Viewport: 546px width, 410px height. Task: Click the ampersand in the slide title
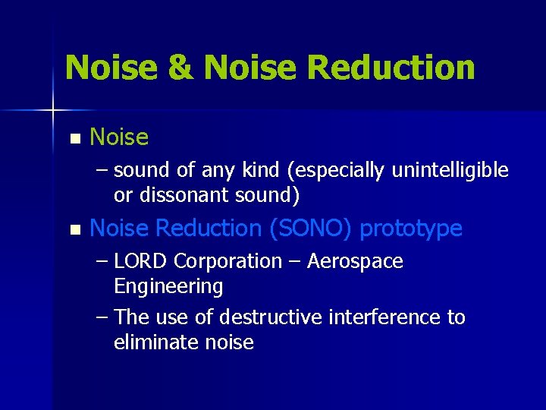click(180, 67)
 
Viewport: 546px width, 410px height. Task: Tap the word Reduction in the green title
click(391, 67)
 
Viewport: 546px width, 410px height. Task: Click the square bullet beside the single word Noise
click(74, 139)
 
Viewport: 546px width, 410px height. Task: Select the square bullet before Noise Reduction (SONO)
click(74, 229)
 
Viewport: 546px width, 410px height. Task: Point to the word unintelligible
click(450, 171)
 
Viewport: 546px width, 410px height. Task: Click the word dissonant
click(180, 196)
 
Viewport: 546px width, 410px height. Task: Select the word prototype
click(411, 229)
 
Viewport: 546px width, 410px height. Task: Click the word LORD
click(142, 261)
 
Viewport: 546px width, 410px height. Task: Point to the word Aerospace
click(355, 262)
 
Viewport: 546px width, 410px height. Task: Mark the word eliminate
click(156, 342)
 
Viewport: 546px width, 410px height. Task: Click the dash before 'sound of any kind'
click(102, 171)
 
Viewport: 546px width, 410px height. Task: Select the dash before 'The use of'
click(102, 317)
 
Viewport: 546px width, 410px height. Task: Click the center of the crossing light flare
click(53, 111)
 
